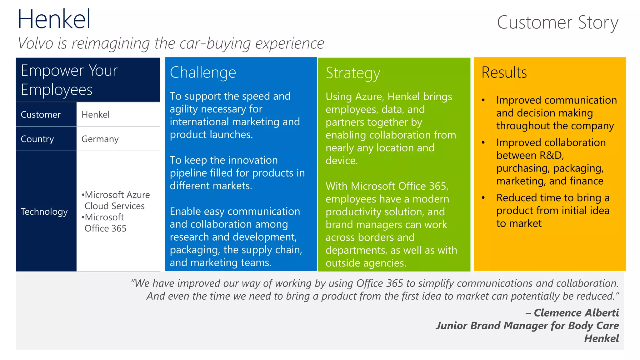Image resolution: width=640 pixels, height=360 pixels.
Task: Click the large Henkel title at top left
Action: pyautogui.click(x=54, y=19)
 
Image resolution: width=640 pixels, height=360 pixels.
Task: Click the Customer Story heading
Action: pyautogui.click(x=557, y=22)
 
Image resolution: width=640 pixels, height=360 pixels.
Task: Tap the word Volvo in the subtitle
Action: pyautogui.click(x=36, y=43)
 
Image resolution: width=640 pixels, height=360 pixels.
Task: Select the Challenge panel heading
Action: pyautogui.click(x=203, y=72)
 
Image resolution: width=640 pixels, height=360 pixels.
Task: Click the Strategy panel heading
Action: pyautogui.click(x=353, y=73)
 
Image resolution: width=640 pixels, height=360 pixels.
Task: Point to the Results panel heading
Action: pyautogui.click(x=504, y=72)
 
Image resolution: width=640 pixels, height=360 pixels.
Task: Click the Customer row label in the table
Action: pyautogui.click(x=41, y=115)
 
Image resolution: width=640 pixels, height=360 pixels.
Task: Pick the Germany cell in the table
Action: pyautogui.click(x=100, y=139)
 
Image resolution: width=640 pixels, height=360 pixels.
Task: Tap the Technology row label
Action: pyautogui.click(x=44, y=212)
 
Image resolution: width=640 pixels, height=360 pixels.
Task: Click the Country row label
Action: pyautogui.click(x=37, y=139)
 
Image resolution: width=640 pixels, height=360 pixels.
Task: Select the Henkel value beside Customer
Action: pyautogui.click(x=96, y=115)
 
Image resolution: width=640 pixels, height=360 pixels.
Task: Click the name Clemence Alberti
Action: pyautogui.click(x=576, y=313)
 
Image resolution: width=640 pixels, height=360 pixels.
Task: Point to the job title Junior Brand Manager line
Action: pyautogui.click(x=527, y=326)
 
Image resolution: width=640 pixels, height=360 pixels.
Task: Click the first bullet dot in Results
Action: pyautogui.click(x=483, y=100)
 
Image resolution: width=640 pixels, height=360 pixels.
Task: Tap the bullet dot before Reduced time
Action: pyautogui.click(x=483, y=198)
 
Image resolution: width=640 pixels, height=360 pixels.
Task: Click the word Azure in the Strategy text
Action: pyautogui.click(x=369, y=97)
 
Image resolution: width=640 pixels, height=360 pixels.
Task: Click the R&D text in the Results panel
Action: pyautogui.click(x=550, y=155)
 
